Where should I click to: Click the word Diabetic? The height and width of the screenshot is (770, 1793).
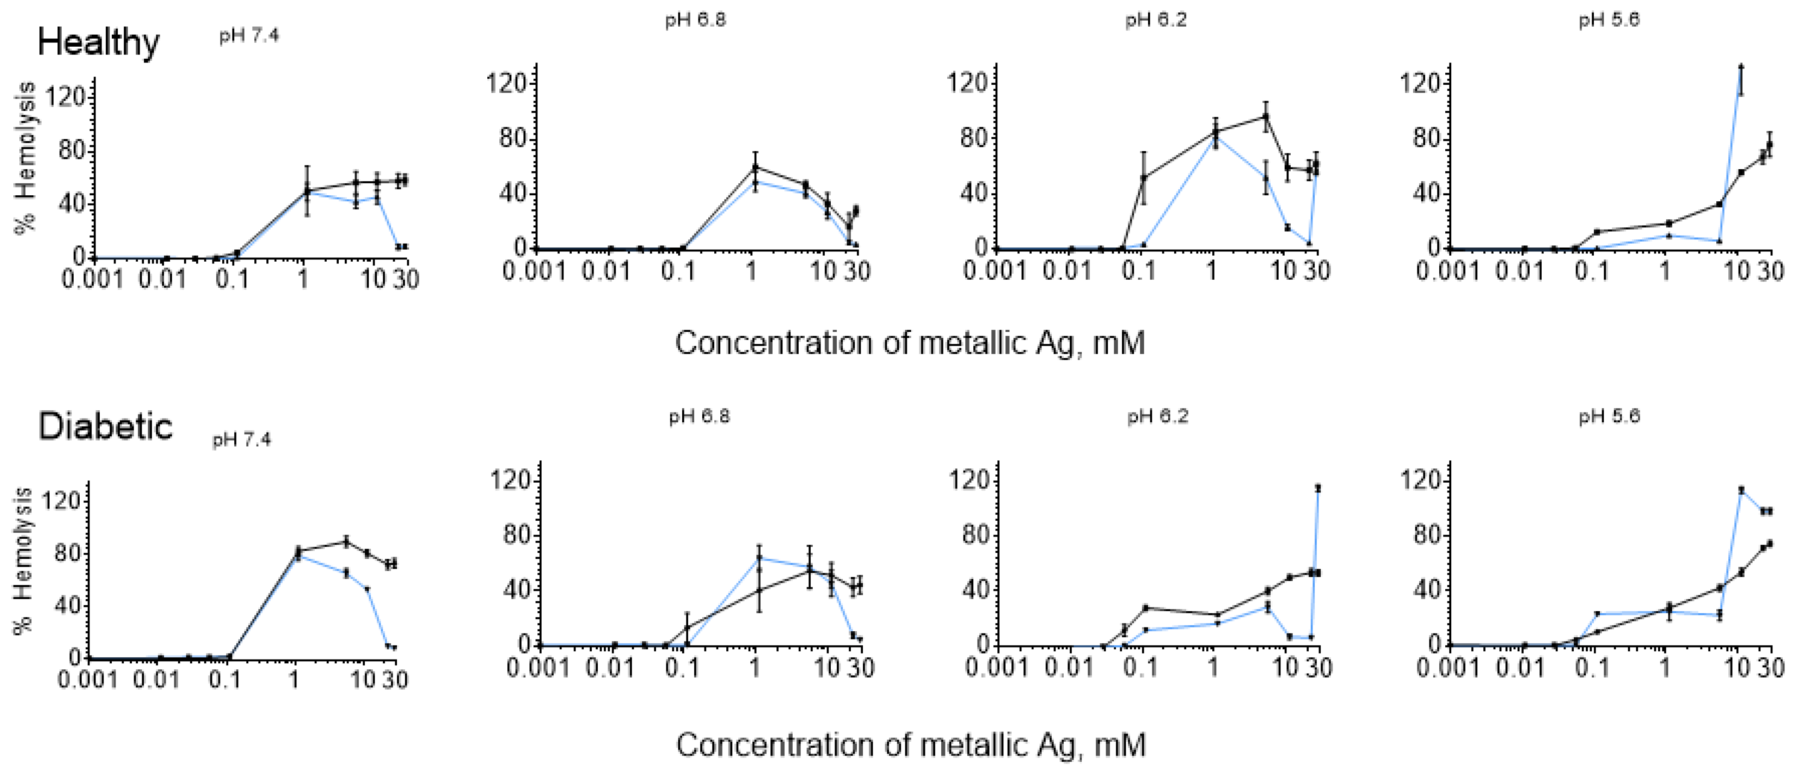coord(105,426)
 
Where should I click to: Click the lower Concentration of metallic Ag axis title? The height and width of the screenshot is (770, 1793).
coord(910,745)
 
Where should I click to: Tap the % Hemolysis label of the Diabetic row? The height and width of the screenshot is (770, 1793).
coord(24,561)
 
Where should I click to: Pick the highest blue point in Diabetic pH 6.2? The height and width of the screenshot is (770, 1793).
coord(1318,488)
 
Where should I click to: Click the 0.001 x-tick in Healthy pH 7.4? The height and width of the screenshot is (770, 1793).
coord(92,280)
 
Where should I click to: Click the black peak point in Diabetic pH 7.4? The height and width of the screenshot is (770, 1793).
coord(346,542)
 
